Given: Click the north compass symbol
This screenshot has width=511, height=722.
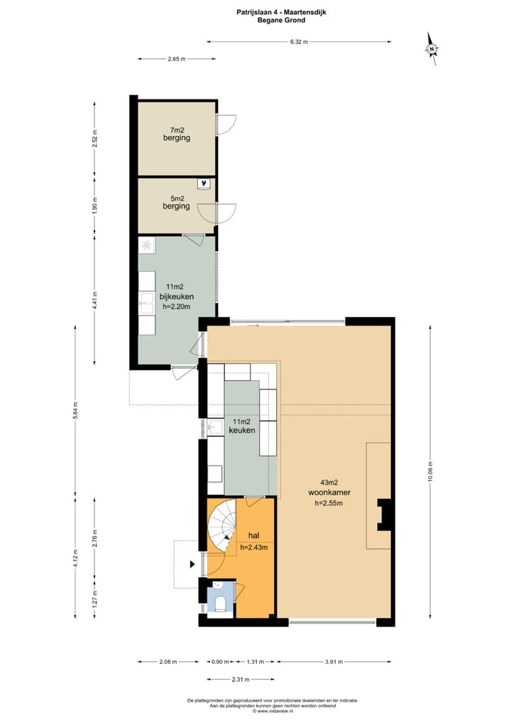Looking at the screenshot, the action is coord(432,49).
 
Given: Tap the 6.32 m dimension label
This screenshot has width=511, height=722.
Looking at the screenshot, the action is coord(299,42).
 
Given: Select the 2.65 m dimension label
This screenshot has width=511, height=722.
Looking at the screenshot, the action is coord(177,59).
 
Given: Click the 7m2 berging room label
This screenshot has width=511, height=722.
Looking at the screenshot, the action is coord(177,134).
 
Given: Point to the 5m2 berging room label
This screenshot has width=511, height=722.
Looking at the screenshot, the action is coord(176,203).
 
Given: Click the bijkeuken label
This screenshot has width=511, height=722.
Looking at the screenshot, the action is coord(177,296).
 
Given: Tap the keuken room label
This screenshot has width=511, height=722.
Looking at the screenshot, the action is coord(242,430).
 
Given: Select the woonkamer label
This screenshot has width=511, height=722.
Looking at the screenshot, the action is coord(329,492).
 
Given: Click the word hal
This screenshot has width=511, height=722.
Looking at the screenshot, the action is coord(253,535).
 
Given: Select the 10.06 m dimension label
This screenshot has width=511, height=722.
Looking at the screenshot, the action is coord(430,472).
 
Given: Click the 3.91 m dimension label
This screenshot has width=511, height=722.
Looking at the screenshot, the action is coord(334,662).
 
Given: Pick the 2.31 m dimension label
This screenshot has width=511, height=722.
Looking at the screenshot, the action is coord(241,679).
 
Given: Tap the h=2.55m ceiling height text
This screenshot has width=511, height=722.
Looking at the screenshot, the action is coord(329,504).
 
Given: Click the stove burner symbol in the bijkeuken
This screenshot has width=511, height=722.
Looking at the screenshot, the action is coord(146,245).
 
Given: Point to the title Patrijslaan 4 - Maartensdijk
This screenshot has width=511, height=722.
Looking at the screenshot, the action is coord(281,13).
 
